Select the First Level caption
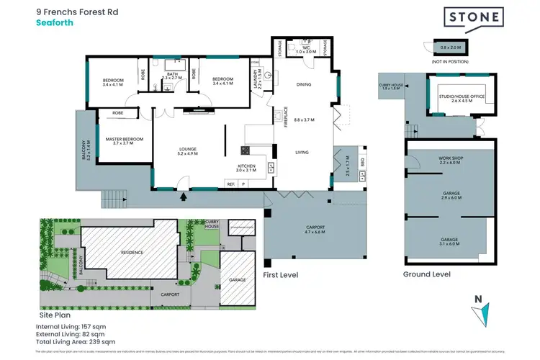point(281,275)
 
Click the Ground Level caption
point(427,274)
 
